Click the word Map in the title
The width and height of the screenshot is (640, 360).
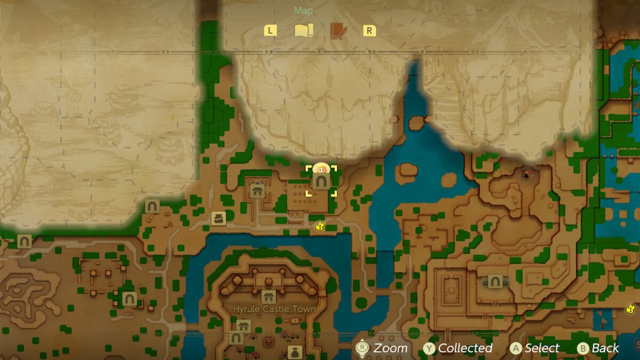[x=303, y=11]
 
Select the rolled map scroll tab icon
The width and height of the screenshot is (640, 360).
[x=304, y=30]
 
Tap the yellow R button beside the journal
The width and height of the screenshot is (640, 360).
[x=369, y=30]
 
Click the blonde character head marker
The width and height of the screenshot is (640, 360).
[x=321, y=169]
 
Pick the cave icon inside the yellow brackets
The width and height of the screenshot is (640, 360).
[x=321, y=182]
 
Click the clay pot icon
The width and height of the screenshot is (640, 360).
[x=218, y=218]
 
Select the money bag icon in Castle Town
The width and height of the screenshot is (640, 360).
[x=294, y=352]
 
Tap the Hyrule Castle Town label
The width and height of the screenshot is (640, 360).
[x=274, y=309]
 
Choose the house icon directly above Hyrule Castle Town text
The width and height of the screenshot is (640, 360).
[x=268, y=297]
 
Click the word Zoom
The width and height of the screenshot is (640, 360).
[x=390, y=348]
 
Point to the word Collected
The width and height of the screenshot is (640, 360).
[x=465, y=348]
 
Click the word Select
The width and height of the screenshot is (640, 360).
[x=542, y=348]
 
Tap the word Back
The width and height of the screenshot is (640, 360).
[x=605, y=348]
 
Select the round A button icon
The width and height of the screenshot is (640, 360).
[x=515, y=348]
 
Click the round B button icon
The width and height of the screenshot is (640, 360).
[x=583, y=348]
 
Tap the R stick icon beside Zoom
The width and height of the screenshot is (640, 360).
[x=362, y=348]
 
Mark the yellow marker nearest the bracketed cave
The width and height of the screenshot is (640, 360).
[x=319, y=226]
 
